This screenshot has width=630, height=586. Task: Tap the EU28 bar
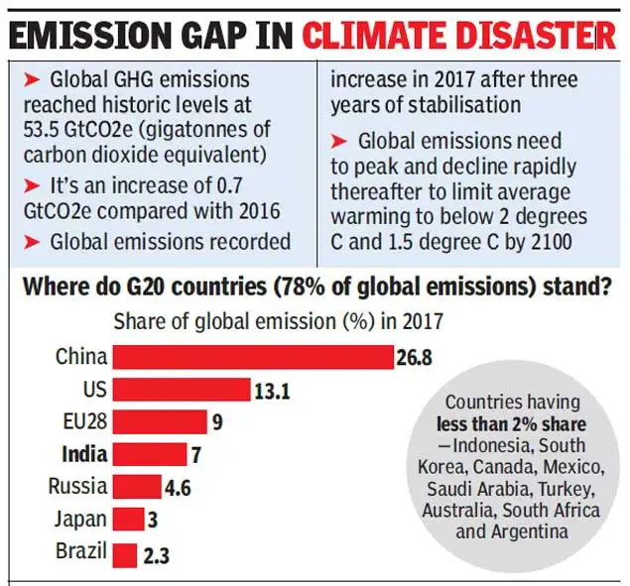click(159, 422)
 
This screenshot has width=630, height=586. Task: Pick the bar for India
click(149, 455)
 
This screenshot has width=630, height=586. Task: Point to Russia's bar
click(136, 487)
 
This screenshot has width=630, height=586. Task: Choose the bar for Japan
click(128, 520)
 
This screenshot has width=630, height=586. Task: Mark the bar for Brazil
click(124, 553)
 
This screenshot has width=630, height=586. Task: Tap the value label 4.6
click(180, 487)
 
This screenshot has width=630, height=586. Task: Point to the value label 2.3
click(157, 553)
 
